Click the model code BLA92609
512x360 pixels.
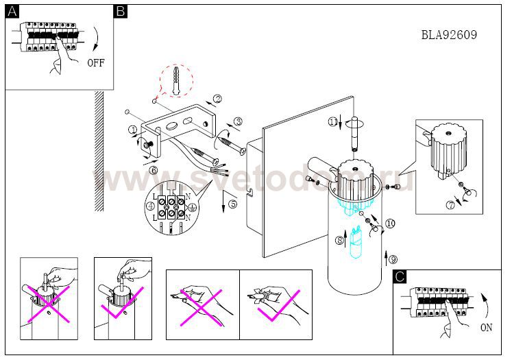click(449, 35)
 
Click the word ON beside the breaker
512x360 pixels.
click(486, 327)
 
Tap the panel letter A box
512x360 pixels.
click(11, 11)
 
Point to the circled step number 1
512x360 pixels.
click(132, 129)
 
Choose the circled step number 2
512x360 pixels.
click(217, 99)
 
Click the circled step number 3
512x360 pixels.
click(237, 122)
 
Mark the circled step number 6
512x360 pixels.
click(154, 170)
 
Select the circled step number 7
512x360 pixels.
click(450, 204)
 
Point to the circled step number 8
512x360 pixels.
click(339, 240)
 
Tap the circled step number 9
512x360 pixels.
click(392, 259)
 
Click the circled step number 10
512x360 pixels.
click(390, 223)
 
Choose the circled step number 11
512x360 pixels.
click(333, 122)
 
